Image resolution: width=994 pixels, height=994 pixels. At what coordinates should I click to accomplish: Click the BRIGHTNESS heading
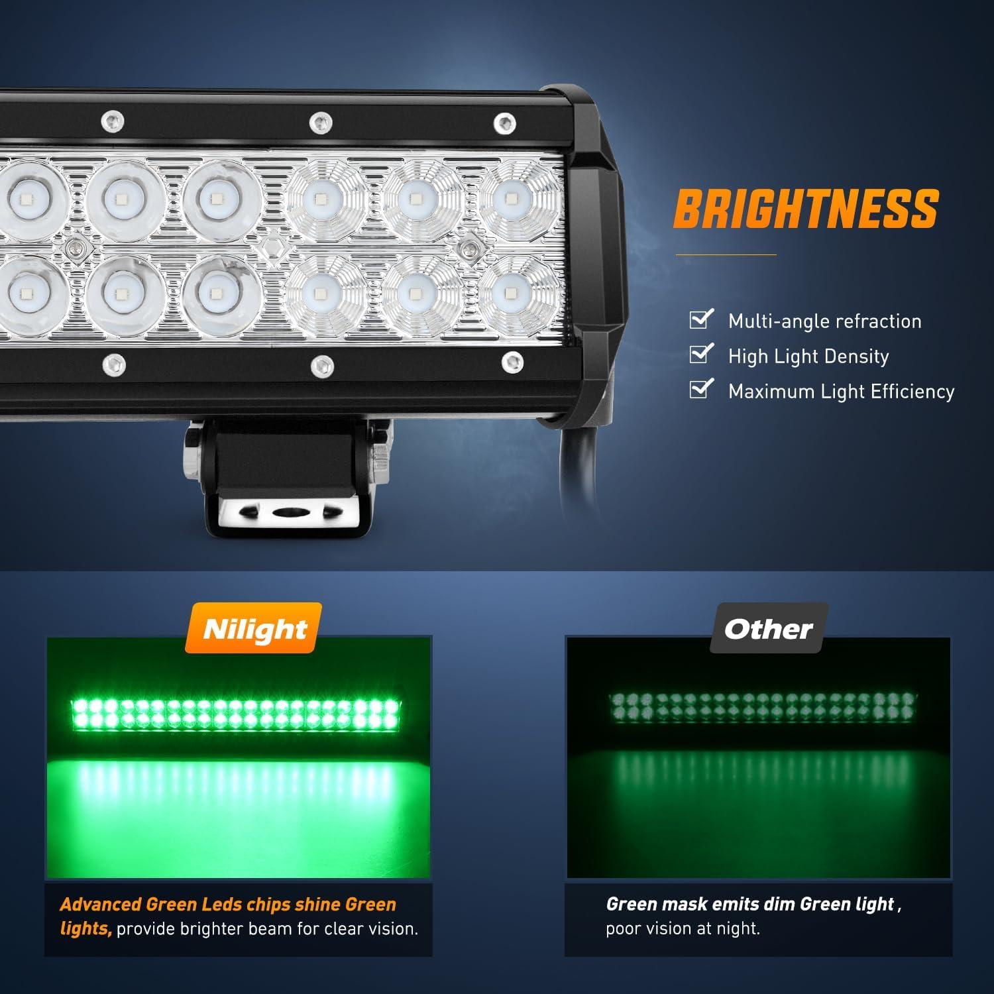click(x=806, y=209)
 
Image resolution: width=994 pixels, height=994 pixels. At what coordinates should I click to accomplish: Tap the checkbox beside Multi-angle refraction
click(x=700, y=319)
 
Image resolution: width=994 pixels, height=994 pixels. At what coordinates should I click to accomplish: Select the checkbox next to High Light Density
click(x=700, y=355)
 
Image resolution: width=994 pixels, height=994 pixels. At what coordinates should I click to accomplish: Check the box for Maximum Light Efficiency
click(x=700, y=390)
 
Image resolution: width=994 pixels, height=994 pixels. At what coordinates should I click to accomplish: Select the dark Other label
click(x=768, y=629)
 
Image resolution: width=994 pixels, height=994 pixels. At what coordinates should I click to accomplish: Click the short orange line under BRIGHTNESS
click(x=726, y=254)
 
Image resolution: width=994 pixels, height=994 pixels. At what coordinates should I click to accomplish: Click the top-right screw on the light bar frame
click(x=505, y=122)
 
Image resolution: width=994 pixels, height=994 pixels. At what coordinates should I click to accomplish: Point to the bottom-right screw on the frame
click(x=512, y=362)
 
